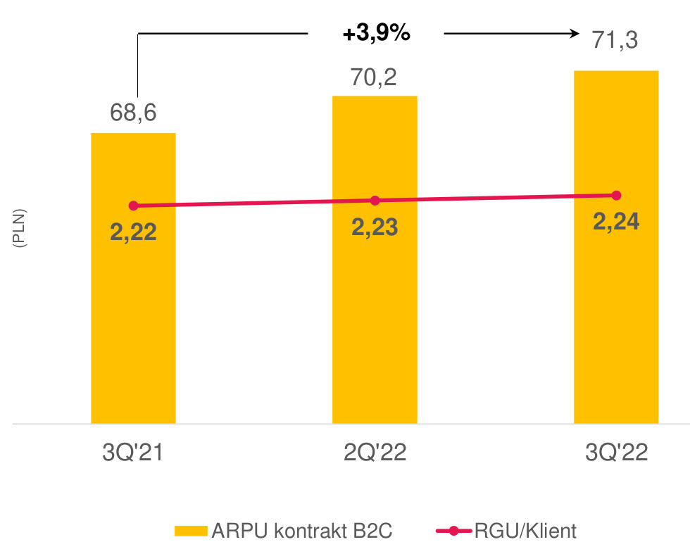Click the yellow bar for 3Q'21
(133, 317)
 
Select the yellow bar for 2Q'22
(375, 317)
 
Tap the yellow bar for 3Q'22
(616, 317)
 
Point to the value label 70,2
(374, 76)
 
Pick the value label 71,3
(615, 41)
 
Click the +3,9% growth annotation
(377, 33)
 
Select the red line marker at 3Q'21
(133, 206)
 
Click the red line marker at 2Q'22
(375, 201)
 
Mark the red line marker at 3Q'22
(616, 195)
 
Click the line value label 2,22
(133, 232)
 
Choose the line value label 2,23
(375, 227)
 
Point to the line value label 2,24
(616, 222)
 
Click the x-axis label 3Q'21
(133, 453)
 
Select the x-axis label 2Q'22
(375, 453)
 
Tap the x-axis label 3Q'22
(616, 453)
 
